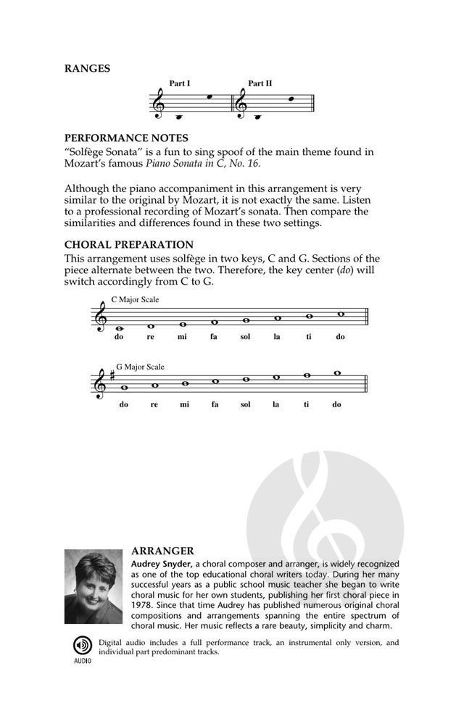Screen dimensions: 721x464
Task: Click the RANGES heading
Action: coord(87,69)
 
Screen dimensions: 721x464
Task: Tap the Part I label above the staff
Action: coord(180,83)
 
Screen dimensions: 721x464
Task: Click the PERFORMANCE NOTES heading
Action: coord(126,138)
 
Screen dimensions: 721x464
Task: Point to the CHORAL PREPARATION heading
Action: coord(129,244)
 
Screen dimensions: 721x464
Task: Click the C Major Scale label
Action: coord(135,299)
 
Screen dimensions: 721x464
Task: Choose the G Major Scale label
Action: coord(140,367)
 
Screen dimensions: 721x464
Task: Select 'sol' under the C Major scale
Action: coord(246,337)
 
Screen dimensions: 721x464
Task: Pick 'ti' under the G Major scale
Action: coord(307,404)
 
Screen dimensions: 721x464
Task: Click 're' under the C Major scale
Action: coord(151,337)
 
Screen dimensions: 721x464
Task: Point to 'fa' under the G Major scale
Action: coord(215,404)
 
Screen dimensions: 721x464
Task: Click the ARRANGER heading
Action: coord(162,551)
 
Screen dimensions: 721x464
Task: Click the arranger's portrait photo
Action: coord(93,587)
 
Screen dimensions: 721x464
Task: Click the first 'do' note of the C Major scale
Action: coord(119,328)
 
